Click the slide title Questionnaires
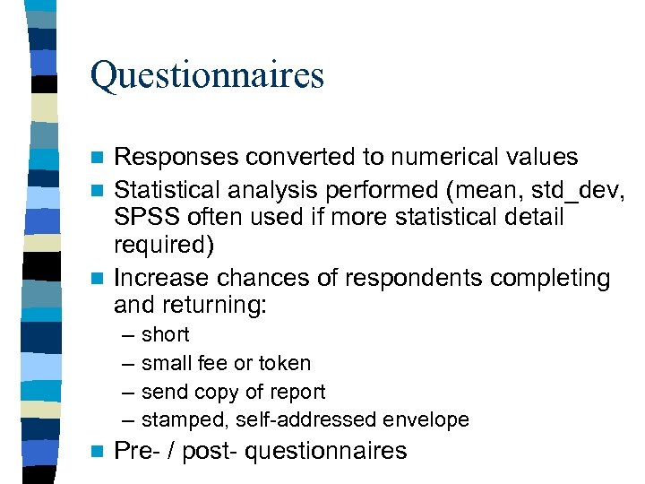pos(207,75)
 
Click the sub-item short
pos(166,335)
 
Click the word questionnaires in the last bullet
pos(325,452)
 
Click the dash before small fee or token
pos(124,364)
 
